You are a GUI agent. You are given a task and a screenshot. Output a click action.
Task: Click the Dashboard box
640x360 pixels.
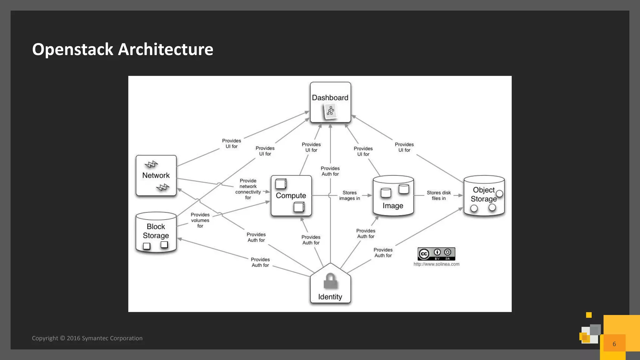[x=330, y=102]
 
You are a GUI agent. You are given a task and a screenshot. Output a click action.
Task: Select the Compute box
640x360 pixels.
[x=291, y=196]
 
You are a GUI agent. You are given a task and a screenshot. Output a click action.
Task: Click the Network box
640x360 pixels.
[x=156, y=175]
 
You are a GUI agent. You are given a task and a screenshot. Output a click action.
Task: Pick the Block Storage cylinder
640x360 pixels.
[x=156, y=232]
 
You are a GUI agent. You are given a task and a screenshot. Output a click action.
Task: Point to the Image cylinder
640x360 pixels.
[x=393, y=196]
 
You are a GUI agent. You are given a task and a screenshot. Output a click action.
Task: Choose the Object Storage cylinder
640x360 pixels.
[x=484, y=196]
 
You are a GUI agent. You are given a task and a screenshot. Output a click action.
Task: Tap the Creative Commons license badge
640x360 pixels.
[x=436, y=254]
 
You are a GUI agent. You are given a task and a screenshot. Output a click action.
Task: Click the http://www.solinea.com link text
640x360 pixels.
[x=436, y=264]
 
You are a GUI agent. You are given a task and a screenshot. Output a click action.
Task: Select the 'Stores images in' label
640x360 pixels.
[x=349, y=195]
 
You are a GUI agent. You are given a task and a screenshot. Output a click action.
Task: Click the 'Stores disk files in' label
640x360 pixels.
[x=438, y=195]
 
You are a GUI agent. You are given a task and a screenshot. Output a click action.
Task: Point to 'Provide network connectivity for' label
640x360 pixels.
[x=248, y=189]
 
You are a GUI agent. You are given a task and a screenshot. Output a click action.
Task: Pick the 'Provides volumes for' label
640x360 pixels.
[x=200, y=220]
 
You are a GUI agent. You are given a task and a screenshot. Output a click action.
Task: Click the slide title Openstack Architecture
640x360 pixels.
[x=122, y=49]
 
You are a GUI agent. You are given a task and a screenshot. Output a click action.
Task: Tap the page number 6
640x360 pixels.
[x=614, y=344]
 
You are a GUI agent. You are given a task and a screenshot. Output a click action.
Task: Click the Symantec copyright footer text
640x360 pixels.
[x=87, y=338]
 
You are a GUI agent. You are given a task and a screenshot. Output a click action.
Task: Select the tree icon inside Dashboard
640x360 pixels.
[x=330, y=111]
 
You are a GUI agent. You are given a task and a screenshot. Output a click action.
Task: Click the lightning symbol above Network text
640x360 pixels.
[x=152, y=164]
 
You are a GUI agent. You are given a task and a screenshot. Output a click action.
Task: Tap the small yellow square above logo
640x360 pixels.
[x=589, y=315]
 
